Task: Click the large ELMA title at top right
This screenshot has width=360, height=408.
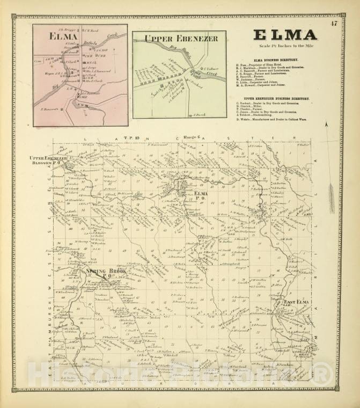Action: [x=285, y=35]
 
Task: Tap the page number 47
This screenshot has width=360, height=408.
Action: [x=334, y=23]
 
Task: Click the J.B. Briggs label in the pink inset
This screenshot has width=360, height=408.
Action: [x=65, y=29]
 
